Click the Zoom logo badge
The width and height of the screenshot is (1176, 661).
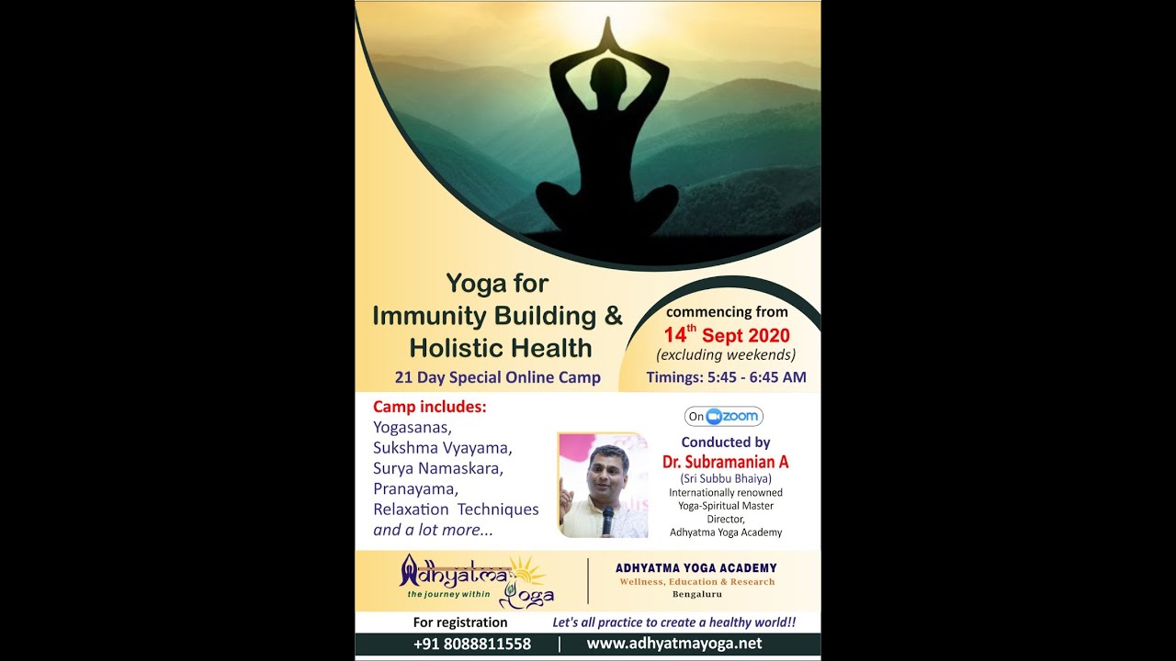(724, 417)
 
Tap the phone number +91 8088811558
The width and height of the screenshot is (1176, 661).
(472, 644)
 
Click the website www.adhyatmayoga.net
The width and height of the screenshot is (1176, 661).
(674, 644)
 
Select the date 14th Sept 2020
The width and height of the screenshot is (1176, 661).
(727, 335)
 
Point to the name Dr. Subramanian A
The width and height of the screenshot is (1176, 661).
(726, 462)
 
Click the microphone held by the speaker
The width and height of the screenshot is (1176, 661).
(607, 520)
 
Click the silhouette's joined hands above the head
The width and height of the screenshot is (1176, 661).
(606, 35)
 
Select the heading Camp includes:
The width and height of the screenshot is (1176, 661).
(430, 407)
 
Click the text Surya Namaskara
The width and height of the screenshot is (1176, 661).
(438, 468)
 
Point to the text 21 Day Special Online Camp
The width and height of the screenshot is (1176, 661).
(497, 377)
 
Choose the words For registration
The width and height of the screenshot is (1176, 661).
(460, 622)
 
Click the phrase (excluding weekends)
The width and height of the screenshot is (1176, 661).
(726, 355)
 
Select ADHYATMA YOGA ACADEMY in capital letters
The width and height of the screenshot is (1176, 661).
(696, 568)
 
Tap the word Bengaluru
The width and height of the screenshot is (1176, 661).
(696, 594)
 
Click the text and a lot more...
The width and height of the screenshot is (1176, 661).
(433, 530)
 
